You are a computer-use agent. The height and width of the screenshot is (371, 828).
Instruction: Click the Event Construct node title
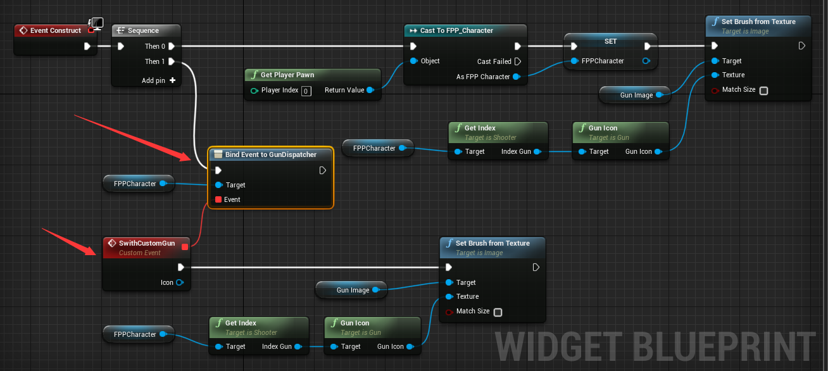pos(56,30)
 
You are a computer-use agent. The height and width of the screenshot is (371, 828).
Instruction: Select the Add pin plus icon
pos(172,80)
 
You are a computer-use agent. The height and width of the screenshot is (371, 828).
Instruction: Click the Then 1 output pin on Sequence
pos(172,61)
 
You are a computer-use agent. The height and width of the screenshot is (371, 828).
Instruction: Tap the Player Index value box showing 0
pos(306,91)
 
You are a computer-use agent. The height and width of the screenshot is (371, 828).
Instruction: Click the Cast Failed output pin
pos(517,61)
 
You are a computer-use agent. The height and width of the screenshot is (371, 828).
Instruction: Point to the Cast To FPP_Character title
pos(456,30)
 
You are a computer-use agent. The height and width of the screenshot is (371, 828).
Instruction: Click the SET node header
pos(610,41)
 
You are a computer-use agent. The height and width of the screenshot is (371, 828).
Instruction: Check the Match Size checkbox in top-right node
pos(763,91)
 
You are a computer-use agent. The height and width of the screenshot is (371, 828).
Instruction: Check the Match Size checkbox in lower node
pos(498,312)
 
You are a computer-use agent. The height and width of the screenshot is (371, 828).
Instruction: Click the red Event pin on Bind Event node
pos(218,199)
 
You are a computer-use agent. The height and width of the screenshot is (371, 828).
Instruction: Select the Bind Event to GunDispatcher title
pos(270,154)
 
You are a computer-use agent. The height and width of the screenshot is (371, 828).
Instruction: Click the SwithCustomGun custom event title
pos(146,243)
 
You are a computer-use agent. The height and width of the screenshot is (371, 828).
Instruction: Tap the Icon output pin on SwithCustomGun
pos(180,282)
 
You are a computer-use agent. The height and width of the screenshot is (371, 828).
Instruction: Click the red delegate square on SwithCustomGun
pos(185,247)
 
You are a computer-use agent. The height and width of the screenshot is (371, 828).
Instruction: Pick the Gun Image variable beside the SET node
pos(636,95)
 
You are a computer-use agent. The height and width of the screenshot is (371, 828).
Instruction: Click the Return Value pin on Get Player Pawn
pos(370,90)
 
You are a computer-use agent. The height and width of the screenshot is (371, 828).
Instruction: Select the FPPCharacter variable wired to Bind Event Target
pos(135,184)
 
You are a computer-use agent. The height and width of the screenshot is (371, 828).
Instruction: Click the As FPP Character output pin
pos(517,77)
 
